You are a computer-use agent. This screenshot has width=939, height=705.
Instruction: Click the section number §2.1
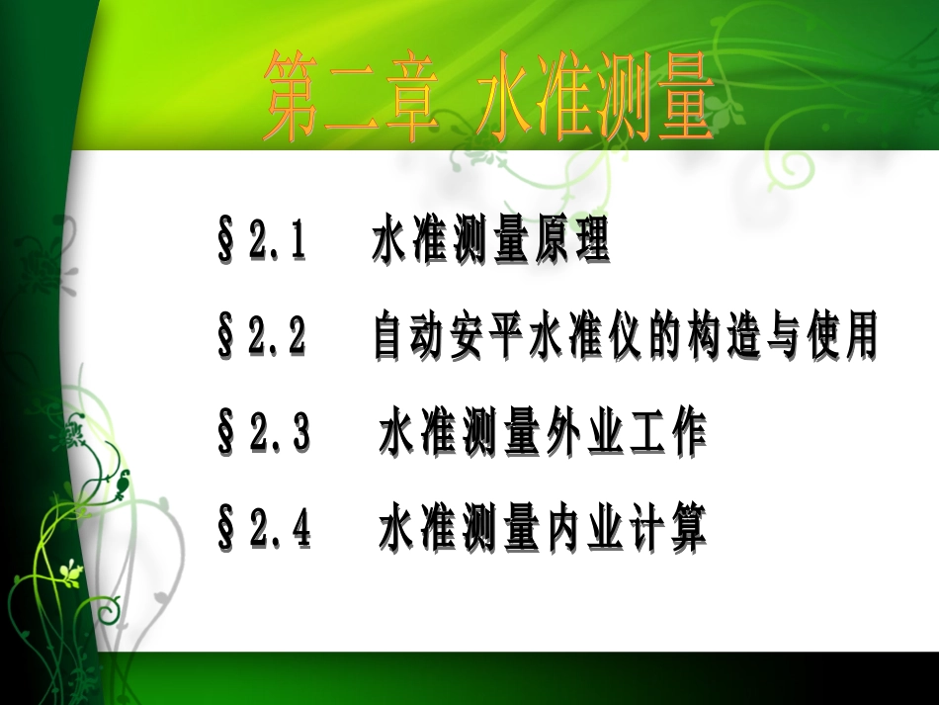[261, 243]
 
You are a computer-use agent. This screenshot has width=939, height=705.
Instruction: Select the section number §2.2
[261, 338]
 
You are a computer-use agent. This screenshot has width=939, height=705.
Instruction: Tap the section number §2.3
[263, 435]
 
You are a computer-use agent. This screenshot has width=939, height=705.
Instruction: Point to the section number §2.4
[263, 531]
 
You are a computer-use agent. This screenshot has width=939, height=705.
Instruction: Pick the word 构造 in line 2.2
[723, 338]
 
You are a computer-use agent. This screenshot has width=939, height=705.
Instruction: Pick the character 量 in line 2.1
[504, 243]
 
